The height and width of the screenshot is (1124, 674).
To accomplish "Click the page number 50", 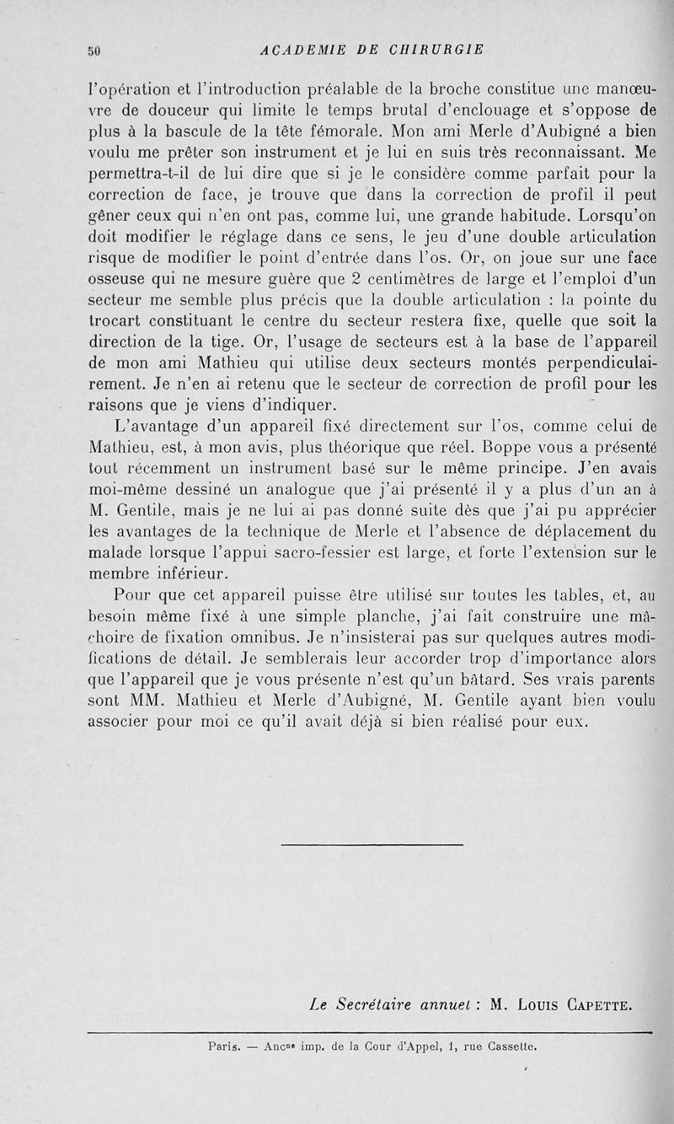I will (x=94, y=50).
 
